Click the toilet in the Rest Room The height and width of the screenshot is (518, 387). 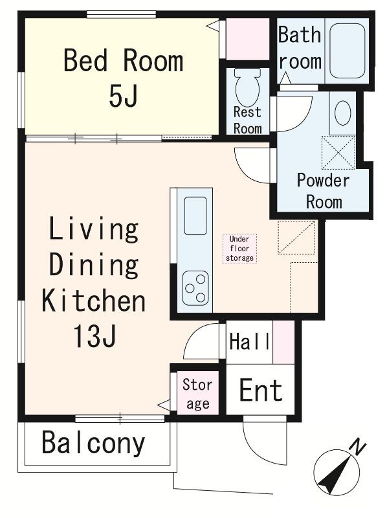[x=248, y=87]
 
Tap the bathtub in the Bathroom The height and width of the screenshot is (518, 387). [x=348, y=51]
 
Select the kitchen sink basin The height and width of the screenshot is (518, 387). [x=195, y=216]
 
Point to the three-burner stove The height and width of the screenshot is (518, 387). [x=195, y=288]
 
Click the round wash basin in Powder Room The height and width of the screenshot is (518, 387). [x=343, y=113]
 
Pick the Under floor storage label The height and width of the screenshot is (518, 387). [x=239, y=249]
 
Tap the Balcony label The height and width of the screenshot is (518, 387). [x=93, y=444]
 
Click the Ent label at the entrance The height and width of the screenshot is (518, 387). [x=261, y=390]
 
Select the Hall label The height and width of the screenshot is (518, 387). [x=250, y=342]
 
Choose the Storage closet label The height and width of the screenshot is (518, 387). [x=197, y=394]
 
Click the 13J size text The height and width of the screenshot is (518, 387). [x=94, y=336]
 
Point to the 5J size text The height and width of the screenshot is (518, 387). [x=122, y=96]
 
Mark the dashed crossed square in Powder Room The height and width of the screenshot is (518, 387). [x=338, y=153]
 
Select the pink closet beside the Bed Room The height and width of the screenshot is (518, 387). [x=248, y=39]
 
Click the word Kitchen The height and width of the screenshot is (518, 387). [x=93, y=300]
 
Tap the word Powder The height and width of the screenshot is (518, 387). [x=323, y=181]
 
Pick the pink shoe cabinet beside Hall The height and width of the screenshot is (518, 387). [x=283, y=342]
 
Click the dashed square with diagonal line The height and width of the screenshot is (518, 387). [x=296, y=238]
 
